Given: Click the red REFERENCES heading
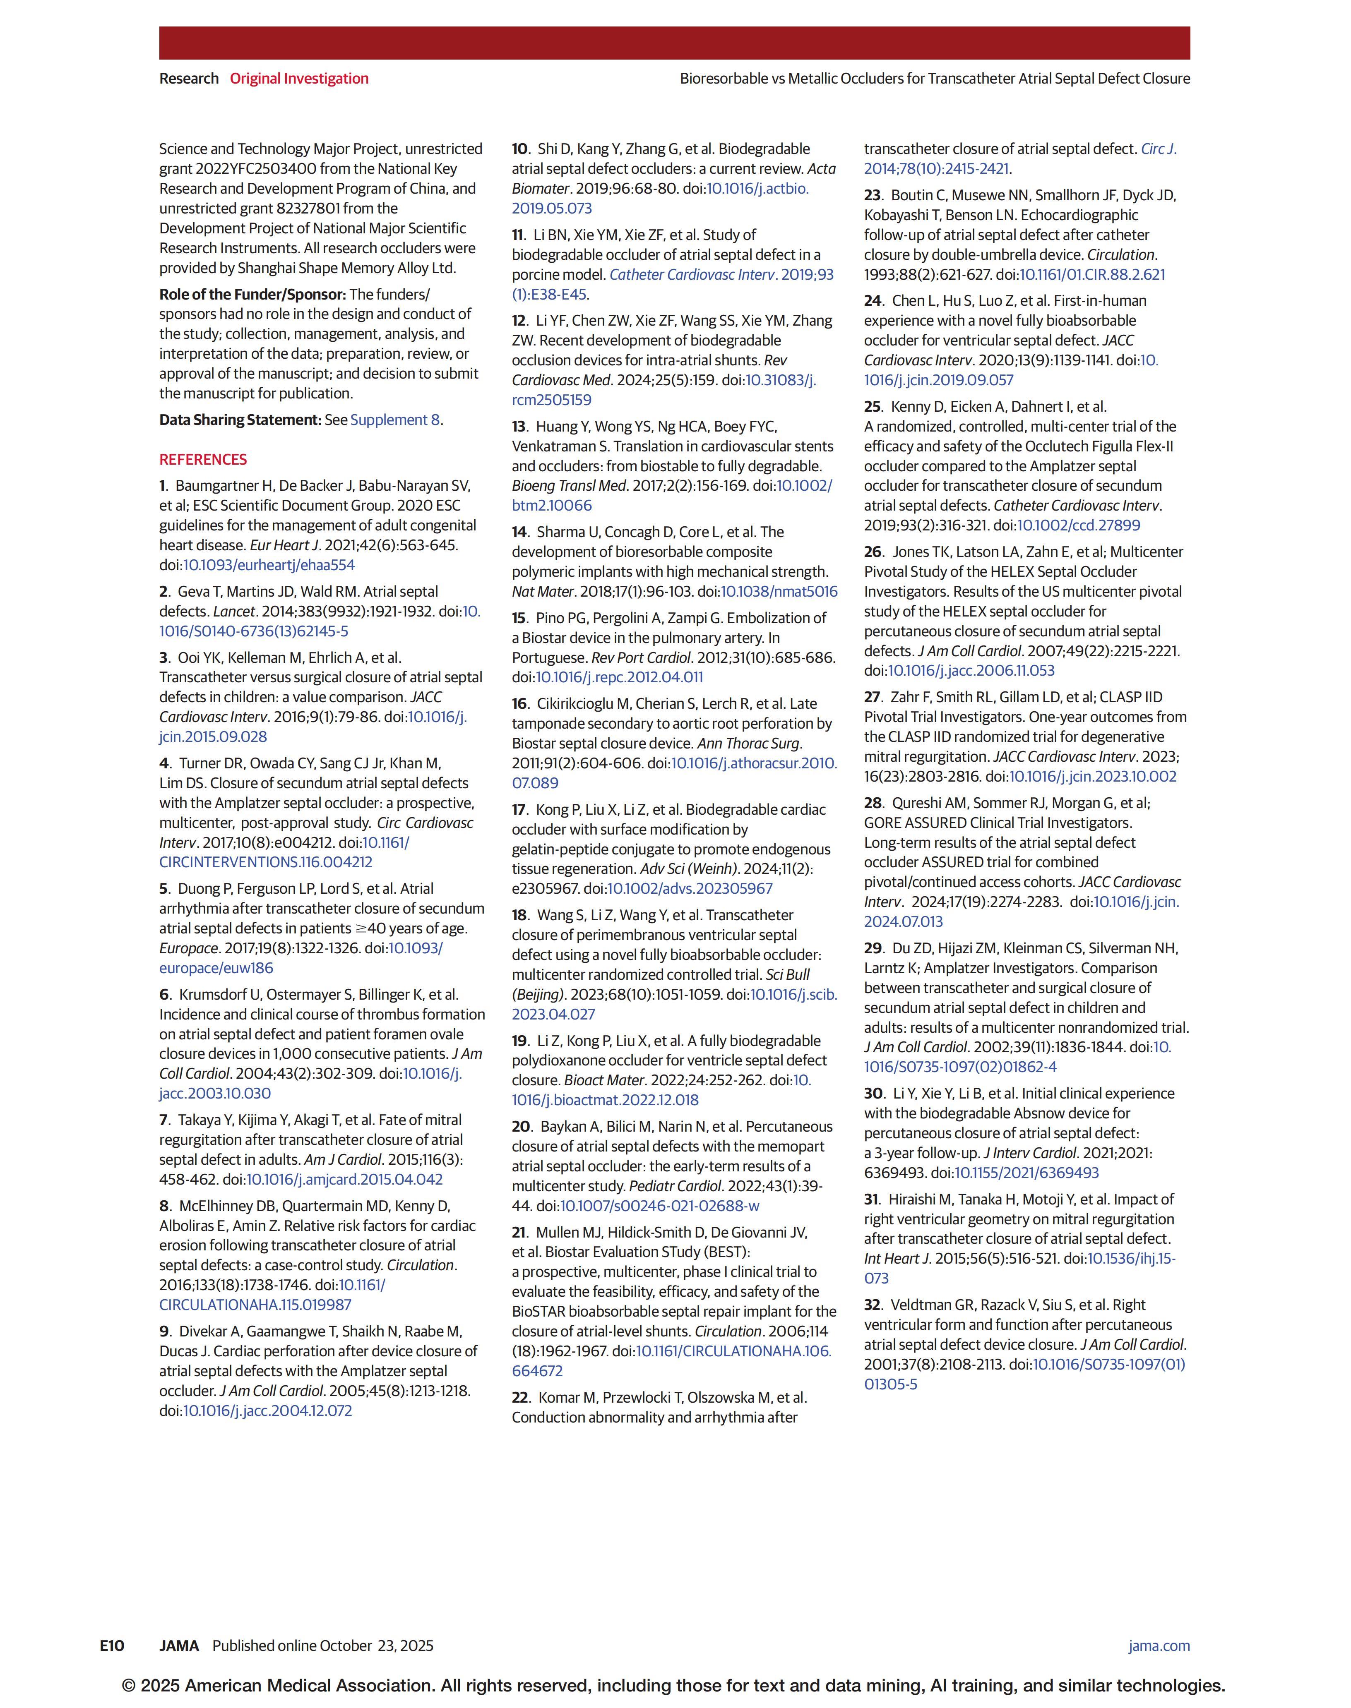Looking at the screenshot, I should coord(203,459).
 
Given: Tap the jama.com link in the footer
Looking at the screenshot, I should coord(1159,1646).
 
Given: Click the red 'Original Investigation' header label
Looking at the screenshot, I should coord(299,78).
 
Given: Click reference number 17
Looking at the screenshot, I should coord(519,810).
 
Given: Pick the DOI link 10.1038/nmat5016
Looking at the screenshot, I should coord(779,592).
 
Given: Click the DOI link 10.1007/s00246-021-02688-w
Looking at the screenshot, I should coord(660,1206).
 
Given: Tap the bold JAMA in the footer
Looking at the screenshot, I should coord(179,1646).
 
